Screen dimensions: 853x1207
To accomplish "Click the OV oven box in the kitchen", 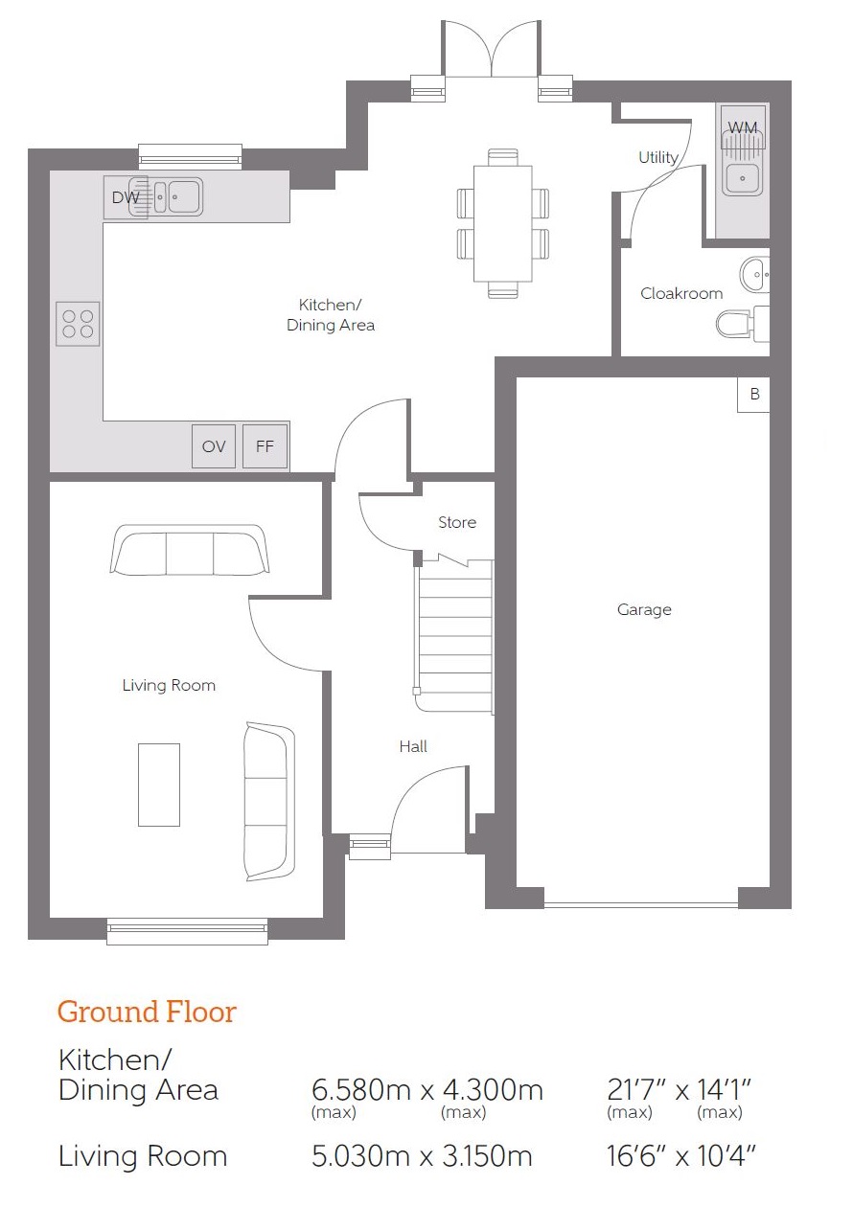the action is click(214, 445).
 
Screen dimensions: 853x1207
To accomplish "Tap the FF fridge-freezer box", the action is click(265, 445).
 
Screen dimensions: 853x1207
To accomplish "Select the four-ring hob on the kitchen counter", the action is click(78, 324).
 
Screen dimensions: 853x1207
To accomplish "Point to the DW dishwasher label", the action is click(126, 197).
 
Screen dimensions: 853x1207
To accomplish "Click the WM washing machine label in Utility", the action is click(743, 127).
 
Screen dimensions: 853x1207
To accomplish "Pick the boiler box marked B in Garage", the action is click(753, 395).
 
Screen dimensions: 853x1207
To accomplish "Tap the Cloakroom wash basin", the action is click(755, 274).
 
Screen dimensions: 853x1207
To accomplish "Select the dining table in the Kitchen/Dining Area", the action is click(503, 223).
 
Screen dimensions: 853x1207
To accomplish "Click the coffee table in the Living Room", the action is click(159, 785).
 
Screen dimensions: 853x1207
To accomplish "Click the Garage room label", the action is click(644, 609).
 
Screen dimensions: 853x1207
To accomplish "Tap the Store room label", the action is click(457, 522).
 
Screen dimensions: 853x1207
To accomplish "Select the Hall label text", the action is click(413, 746).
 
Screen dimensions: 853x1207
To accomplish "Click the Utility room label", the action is click(658, 157).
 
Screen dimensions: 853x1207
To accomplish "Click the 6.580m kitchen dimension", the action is click(360, 1090).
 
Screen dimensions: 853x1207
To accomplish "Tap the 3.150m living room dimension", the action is click(488, 1156).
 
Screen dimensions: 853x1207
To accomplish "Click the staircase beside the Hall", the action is click(455, 636).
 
